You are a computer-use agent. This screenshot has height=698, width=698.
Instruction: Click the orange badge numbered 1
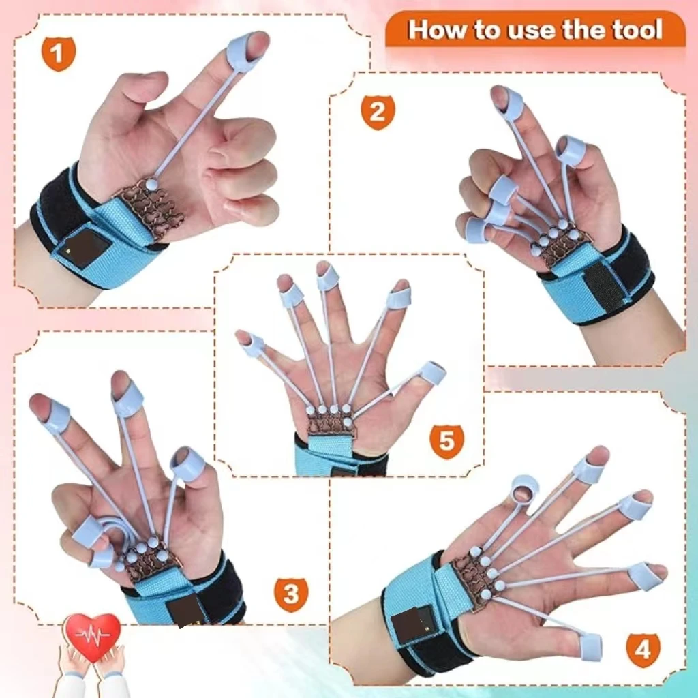(x=59, y=53)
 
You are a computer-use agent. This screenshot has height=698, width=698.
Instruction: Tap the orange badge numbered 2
(x=378, y=112)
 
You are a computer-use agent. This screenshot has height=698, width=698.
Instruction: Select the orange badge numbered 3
(x=291, y=594)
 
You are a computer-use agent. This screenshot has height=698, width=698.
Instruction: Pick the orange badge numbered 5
(x=446, y=441)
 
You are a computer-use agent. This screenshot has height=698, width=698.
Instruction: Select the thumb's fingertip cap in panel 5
(x=432, y=373)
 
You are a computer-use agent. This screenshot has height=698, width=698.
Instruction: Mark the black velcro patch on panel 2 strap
(x=604, y=286)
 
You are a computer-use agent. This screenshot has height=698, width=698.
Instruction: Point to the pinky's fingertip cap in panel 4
(x=588, y=470)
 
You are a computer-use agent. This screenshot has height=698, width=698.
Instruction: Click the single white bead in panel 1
(x=151, y=183)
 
